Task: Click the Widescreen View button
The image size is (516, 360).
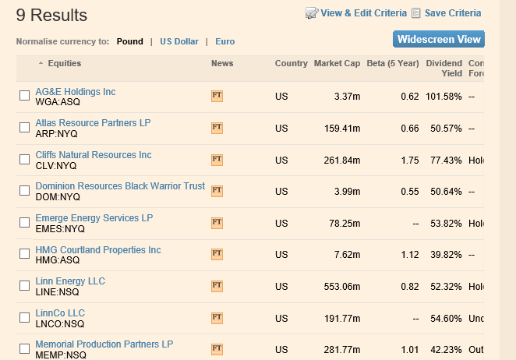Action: click(439, 40)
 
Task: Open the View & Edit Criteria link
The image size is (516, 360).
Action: click(363, 13)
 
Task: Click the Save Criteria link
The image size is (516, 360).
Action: click(452, 13)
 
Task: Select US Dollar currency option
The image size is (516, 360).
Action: click(179, 42)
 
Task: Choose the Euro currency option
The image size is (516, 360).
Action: click(225, 42)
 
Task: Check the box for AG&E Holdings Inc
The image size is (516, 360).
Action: click(24, 96)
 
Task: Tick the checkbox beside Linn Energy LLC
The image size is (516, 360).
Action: click(24, 286)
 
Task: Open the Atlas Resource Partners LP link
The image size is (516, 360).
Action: click(93, 123)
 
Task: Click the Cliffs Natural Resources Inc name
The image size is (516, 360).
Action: click(94, 155)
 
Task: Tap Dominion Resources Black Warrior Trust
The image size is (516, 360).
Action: click(120, 186)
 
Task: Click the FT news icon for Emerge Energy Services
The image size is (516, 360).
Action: click(217, 223)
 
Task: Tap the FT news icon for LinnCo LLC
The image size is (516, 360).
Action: click(217, 318)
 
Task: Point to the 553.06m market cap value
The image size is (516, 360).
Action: click(342, 287)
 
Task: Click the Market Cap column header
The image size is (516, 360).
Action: click(337, 64)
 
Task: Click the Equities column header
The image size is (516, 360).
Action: click(64, 64)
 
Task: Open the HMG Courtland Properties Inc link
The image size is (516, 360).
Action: click(98, 250)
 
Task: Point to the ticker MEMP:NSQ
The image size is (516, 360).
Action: click(60, 355)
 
